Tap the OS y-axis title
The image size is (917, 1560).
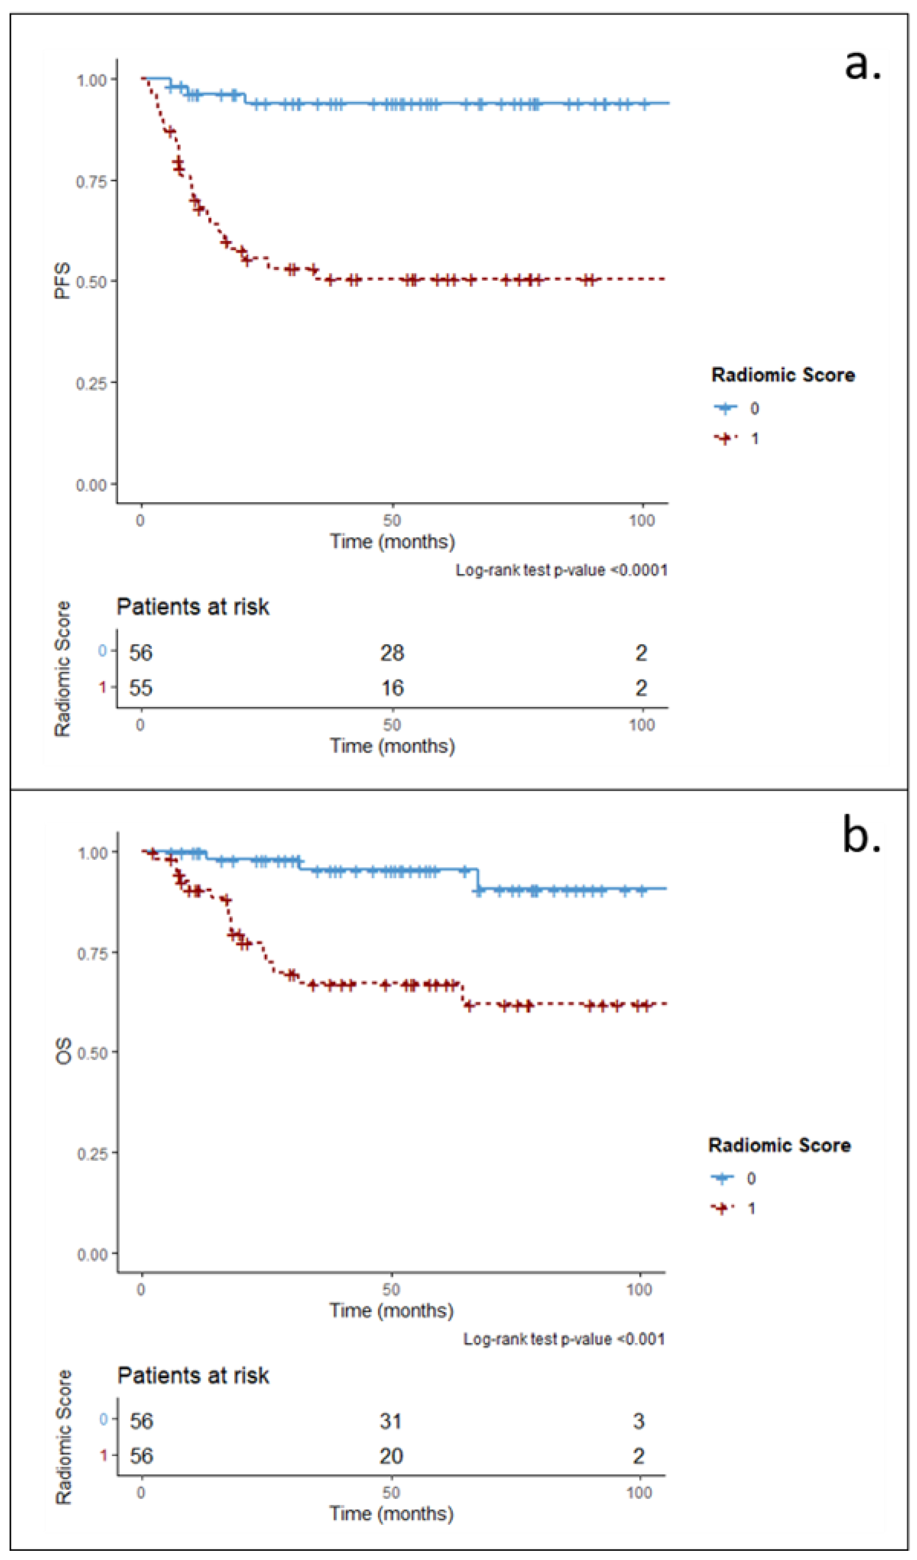click(x=63, y=1051)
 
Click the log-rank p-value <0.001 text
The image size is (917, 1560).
click(x=564, y=1339)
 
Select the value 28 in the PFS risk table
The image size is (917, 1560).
click(x=392, y=653)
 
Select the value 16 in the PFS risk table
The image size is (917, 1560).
click(x=392, y=688)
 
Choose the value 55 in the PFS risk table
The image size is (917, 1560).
click(x=141, y=688)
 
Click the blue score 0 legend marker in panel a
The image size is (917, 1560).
click(x=726, y=408)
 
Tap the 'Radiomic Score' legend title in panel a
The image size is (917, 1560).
click(x=783, y=375)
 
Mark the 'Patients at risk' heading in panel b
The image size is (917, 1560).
click(x=193, y=1376)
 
